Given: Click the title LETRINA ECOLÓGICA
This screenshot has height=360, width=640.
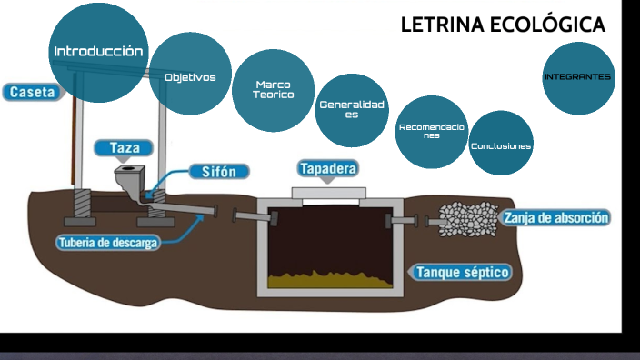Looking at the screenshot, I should (503, 25).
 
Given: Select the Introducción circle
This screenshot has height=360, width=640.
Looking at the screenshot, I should (97, 51).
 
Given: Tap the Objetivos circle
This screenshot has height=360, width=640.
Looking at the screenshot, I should (190, 77).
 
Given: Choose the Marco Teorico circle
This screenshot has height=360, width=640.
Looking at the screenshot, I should (273, 90).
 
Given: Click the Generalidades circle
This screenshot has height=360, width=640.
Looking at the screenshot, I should (351, 110).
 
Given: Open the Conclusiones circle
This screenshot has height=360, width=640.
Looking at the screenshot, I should (501, 145).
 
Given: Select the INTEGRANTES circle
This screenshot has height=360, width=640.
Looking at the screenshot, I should (577, 77).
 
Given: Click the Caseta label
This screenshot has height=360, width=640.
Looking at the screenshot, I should (33, 92).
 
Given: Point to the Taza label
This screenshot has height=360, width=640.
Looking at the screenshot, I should (124, 147).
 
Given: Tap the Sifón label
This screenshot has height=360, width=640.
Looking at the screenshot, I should (220, 171).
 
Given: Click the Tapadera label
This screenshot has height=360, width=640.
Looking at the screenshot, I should (327, 168).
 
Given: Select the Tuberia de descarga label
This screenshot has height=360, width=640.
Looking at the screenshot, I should (108, 243).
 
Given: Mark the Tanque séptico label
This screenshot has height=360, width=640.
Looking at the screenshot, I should (462, 272).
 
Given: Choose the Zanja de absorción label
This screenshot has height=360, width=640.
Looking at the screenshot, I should (555, 218).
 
